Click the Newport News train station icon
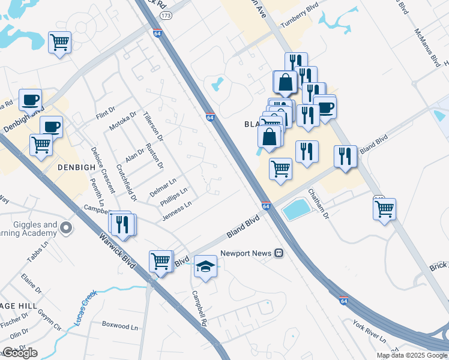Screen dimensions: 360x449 point(279,253)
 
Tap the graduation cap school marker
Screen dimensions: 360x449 point(205,266)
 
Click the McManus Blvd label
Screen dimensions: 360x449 point(429,46)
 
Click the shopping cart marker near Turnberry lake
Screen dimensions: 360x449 point(59,42)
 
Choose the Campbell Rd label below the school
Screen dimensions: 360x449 point(199,308)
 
